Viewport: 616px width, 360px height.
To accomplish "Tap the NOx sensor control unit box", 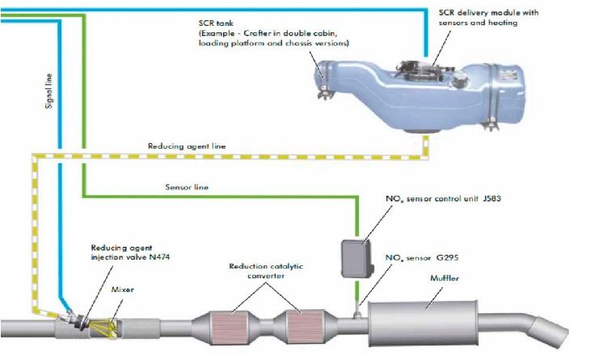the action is pyautogui.click(x=357, y=258).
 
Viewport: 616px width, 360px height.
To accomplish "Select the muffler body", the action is pyautogui.click(x=423, y=324).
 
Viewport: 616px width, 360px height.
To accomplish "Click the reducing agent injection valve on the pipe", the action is pyautogui.click(x=74, y=318).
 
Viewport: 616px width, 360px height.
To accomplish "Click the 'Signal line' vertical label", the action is pyautogui.click(x=49, y=91).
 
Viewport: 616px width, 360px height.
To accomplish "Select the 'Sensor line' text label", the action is pyautogui.click(x=187, y=187).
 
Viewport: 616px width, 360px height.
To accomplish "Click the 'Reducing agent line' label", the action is pyautogui.click(x=187, y=146).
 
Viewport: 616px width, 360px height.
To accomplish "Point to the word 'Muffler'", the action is pyautogui.click(x=445, y=278).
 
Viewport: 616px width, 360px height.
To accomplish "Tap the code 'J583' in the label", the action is pyautogui.click(x=492, y=198).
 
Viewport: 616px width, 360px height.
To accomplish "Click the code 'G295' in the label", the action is pyautogui.click(x=448, y=258).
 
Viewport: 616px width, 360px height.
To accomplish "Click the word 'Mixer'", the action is pyautogui.click(x=123, y=290).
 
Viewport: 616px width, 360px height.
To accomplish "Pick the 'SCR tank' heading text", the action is pyautogui.click(x=216, y=23).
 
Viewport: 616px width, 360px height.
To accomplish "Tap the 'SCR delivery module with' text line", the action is pyautogui.click(x=489, y=13).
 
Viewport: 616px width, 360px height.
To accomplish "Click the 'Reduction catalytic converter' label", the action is pyautogui.click(x=266, y=271).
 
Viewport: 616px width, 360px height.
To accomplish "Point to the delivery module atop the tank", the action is pyautogui.click(x=426, y=71).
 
